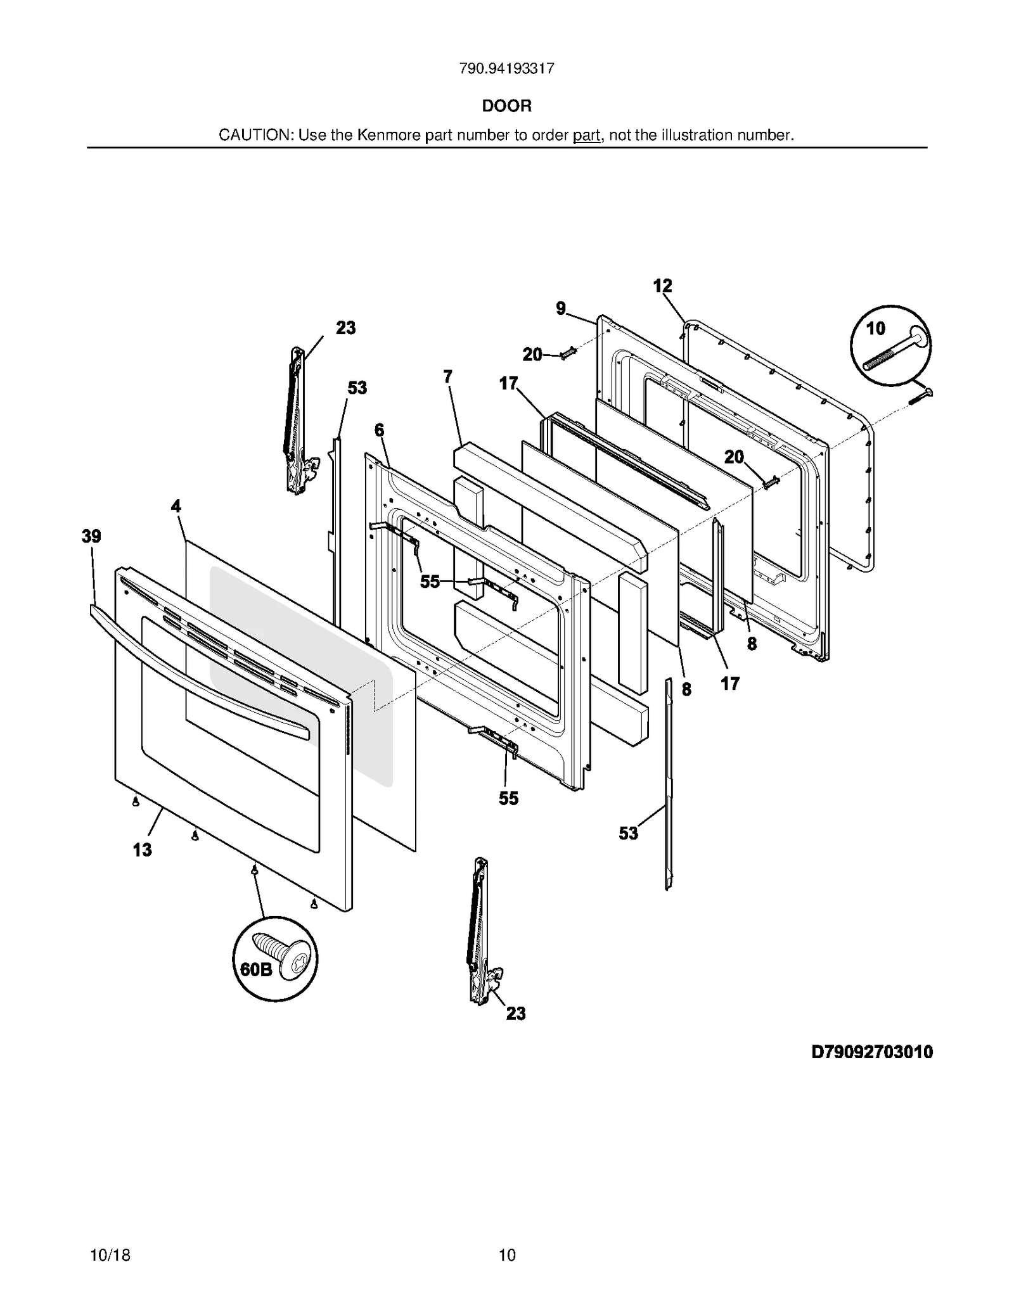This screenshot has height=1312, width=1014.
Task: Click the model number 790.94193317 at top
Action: pyautogui.click(x=506, y=69)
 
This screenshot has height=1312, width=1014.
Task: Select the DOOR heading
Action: pyautogui.click(x=506, y=106)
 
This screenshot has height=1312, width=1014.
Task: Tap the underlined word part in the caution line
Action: pyautogui.click(x=586, y=136)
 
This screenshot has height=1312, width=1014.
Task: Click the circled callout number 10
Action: pyautogui.click(x=875, y=328)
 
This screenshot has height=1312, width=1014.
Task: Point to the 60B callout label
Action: pyautogui.click(x=256, y=969)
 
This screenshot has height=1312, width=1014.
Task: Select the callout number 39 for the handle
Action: pyautogui.click(x=91, y=537)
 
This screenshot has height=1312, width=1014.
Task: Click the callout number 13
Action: pyautogui.click(x=142, y=850)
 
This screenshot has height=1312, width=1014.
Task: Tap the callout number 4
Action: pyautogui.click(x=176, y=506)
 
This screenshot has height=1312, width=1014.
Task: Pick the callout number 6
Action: pyautogui.click(x=379, y=431)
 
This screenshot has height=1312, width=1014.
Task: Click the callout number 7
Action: pyautogui.click(x=448, y=377)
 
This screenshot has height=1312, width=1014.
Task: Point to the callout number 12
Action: pyautogui.click(x=662, y=286)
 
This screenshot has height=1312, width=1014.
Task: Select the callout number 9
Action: pyautogui.click(x=561, y=309)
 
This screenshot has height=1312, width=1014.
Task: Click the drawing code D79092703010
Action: pyautogui.click(x=872, y=1052)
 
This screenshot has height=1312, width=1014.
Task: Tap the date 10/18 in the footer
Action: pyautogui.click(x=110, y=1255)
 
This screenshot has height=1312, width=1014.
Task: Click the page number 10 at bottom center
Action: pyautogui.click(x=507, y=1255)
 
